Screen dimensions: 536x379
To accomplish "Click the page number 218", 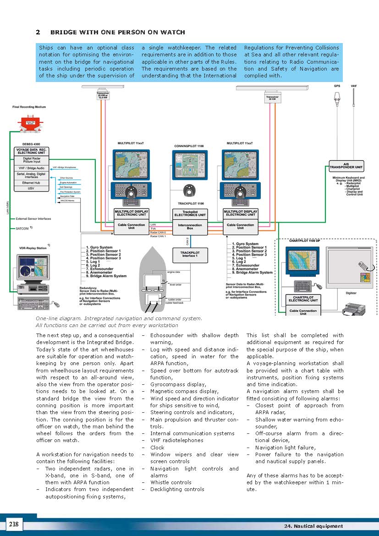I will [14, 524].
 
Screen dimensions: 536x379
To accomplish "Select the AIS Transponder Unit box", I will [346, 165].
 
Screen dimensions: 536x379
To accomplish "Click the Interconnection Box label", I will [190, 227].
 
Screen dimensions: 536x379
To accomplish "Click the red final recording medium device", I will [28, 124].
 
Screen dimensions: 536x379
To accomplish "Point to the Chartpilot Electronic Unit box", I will [303, 299].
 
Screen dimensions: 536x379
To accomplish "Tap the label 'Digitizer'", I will [351, 292].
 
